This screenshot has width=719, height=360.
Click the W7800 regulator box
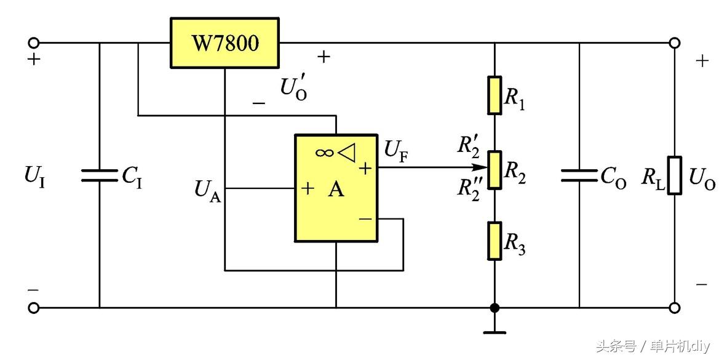[x=224, y=42]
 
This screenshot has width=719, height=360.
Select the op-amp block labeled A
[x=336, y=188]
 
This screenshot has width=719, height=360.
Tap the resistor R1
[x=495, y=95]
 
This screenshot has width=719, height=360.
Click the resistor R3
[x=495, y=241]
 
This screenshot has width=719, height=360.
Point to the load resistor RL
[x=675, y=175]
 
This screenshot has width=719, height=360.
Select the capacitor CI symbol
[x=99, y=176]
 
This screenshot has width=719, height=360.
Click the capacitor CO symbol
[x=579, y=176]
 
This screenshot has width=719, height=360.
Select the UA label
[x=207, y=191]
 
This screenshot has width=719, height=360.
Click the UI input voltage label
[x=34, y=176]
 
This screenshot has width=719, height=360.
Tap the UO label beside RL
[x=702, y=178]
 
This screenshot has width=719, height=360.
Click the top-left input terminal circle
[x=34, y=42]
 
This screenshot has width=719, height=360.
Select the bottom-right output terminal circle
[x=675, y=308]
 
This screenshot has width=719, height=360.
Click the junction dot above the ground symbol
[x=495, y=308]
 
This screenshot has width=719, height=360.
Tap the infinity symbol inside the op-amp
[x=324, y=152]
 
